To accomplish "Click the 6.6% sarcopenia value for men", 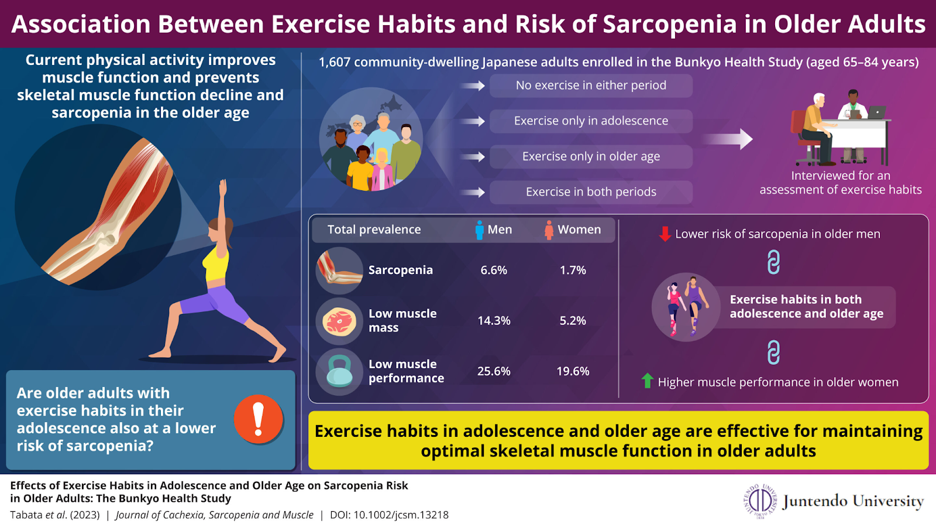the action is (x=494, y=270).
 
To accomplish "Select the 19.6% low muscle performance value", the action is (x=573, y=371).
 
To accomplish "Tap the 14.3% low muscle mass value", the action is (x=494, y=320).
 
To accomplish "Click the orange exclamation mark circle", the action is (x=259, y=419).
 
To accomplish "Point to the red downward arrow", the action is (x=665, y=234).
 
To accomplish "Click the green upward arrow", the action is (x=647, y=381).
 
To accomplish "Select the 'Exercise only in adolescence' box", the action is (x=591, y=121).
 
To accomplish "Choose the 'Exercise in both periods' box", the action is (x=591, y=192).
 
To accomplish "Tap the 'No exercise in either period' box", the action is (x=591, y=85).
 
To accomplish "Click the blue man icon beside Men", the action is (x=479, y=230).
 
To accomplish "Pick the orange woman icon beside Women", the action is (x=549, y=230).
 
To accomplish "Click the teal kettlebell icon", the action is (x=339, y=371).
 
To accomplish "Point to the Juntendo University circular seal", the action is (x=760, y=501).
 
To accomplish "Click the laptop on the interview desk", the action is (x=877, y=112).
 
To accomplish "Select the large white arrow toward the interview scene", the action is (x=728, y=139).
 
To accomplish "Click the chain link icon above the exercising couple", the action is (x=773, y=262).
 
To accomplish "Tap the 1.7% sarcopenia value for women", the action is (x=573, y=270).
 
